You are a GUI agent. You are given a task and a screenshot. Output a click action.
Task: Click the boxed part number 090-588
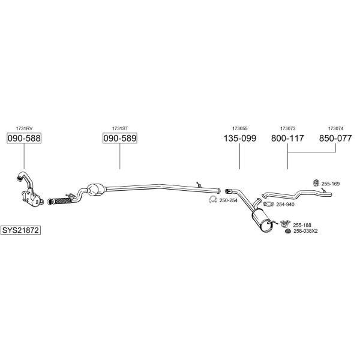pyautogui.click(x=24, y=138)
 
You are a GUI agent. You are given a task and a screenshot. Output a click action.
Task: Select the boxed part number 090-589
pyautogui.click(x=120, y=138)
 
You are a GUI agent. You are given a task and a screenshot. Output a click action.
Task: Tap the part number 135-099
pyautogui.click(x=239, y=138)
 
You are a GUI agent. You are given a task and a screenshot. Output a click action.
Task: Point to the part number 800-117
pyautogui.click(x=287, y=138)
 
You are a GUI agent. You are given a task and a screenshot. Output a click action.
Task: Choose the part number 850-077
pyautogui.click(x=335, y=138)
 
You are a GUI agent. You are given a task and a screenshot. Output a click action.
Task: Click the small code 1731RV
pyautogui.click(x=24, y=128)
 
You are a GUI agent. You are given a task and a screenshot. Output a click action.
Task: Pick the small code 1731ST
pyautogui.click(x=120, y=128)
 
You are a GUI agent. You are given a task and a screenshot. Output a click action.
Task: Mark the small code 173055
pyautogui.click(x=239, y=128)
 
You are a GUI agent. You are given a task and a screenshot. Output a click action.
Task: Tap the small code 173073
pyautogui.click(x=287, y=128)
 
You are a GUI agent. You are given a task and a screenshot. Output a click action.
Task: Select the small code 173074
pyautogui.click(x=335, y=128)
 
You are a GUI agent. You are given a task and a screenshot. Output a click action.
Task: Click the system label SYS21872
pyautogui.click(x=20, y=230)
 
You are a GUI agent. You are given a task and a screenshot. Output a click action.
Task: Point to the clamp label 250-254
pyautogui.click(x=229, y=200)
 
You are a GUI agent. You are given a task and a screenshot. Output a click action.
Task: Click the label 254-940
pyautogui.click(x=285, y=205)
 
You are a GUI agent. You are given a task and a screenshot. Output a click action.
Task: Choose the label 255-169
pyautogui.click(x=331, y=184)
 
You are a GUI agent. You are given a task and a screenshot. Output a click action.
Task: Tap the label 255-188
pyautogui.click(x=302, y=225)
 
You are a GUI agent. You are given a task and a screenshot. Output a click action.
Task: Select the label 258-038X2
pyautogui.click(x=305, y=231)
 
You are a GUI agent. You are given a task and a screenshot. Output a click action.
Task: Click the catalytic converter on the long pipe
pyautogui.click(x=96, y=190)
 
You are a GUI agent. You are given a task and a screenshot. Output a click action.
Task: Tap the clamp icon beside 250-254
pyautogui.click(x=213, y=200)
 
